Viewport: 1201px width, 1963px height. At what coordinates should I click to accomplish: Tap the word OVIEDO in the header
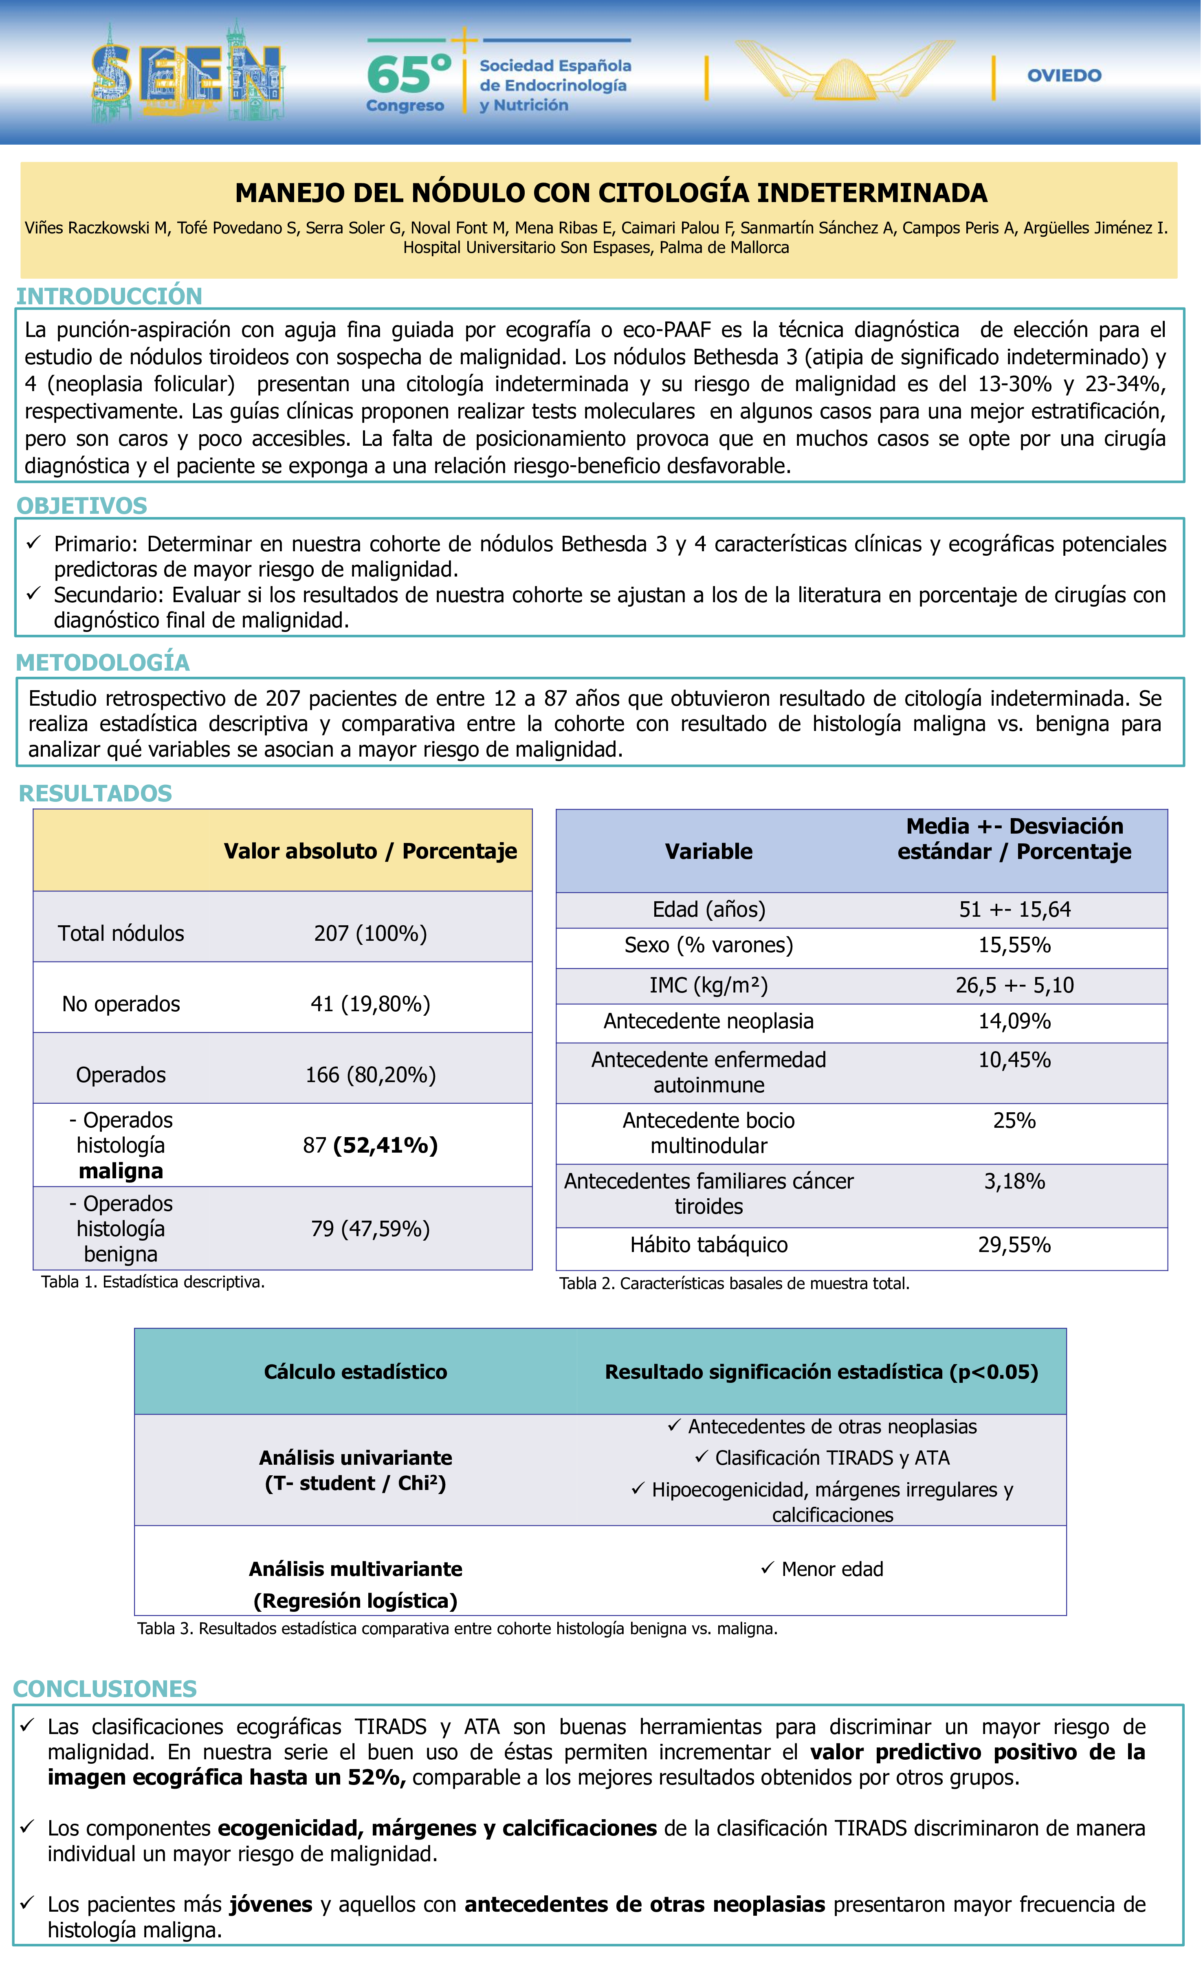(1064, 76)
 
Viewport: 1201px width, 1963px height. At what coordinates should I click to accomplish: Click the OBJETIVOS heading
(82, 506)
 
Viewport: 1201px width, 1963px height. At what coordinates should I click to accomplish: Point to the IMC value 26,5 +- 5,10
(1015, 986)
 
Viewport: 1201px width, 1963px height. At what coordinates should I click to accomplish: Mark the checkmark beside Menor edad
(768, 1568)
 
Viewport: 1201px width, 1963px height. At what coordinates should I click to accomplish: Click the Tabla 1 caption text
(153, 1282)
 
